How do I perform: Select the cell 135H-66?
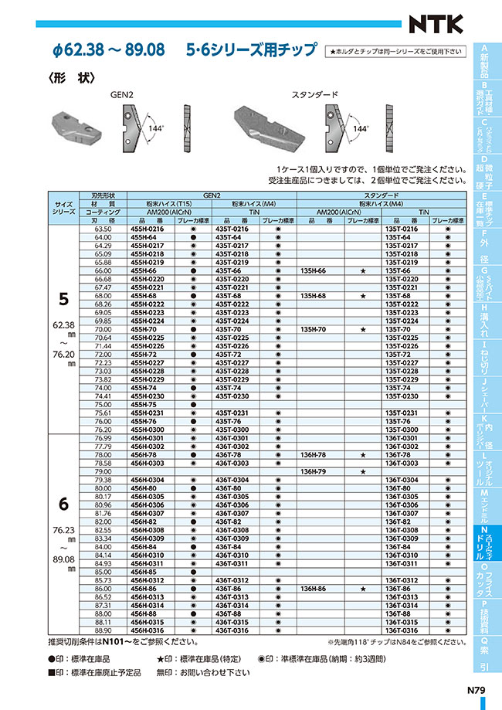314,272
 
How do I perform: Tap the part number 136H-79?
314,471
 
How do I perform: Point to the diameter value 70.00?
103,330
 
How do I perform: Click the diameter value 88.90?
103,630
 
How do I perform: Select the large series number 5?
65,298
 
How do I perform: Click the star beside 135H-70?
362,330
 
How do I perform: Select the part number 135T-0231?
400,413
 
